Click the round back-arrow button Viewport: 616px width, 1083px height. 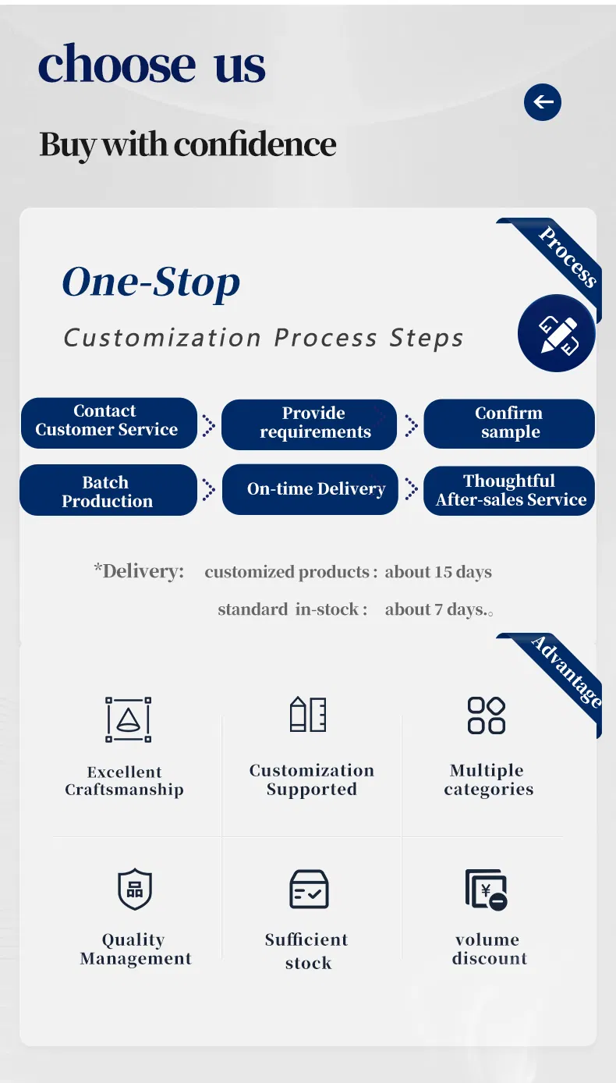(x=543, y=102)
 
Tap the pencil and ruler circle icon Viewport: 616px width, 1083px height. (x=557, y=333)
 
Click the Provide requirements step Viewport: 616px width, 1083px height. (x=310, y=424)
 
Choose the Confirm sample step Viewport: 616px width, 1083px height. (x=509, y=424)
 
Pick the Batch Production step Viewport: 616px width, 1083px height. (x=108, y=490)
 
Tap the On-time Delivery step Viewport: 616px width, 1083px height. (x=310, y=489)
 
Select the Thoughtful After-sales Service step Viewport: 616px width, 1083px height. (x=509, y=490)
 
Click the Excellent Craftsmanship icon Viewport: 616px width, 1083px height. (x=128, y=719)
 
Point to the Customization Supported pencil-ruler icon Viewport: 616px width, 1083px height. (x=308, y=714)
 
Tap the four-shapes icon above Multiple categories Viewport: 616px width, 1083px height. (x=487, y=715)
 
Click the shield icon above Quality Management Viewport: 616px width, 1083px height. (x=135, y=889)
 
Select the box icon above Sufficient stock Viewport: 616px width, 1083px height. (x=309, y=889)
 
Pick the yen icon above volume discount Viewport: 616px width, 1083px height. (x=486, y=889)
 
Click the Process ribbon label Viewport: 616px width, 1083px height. (x=568, y=257)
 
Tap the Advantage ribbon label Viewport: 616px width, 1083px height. (x=566, y=672)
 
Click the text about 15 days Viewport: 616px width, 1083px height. (x=438, y=572)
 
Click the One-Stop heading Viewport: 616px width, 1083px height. (x=151, y=282)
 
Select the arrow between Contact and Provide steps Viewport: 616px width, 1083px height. (x=209, y=425)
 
